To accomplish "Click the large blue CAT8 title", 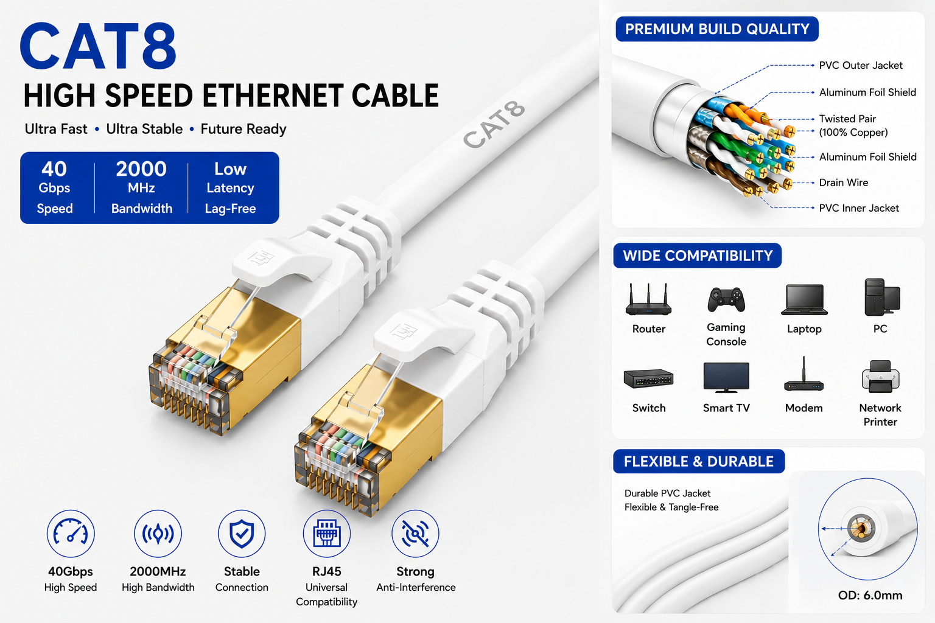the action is tap(99, 46).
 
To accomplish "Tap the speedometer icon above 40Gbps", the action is tap(71, 534).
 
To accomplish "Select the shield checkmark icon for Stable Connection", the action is tap(242, 534).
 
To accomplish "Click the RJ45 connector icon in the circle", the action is tap(327, 534).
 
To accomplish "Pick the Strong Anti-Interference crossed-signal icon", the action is tap(415, 534).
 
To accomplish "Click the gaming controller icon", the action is tap(726, 299).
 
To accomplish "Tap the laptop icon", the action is tap(804, 299).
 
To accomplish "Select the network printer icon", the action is tap(880, 377).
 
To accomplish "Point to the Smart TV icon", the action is tap(726, 378).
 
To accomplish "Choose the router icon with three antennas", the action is tap(649, 299).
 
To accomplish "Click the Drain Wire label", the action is tap(843, 183).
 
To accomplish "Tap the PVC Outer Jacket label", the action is tap(860, 66).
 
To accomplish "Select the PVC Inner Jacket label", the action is tap(859, 208).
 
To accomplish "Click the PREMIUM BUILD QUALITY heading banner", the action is tap(717, 29).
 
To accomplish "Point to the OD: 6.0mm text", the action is tap(870, 595).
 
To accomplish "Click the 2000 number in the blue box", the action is tap(141, 169).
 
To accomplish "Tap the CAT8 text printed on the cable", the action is tap(494, 124).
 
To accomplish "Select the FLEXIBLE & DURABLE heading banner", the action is tap(699, 462).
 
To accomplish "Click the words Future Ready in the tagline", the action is tap(243, 130).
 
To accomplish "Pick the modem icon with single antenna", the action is tap(804, 374).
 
